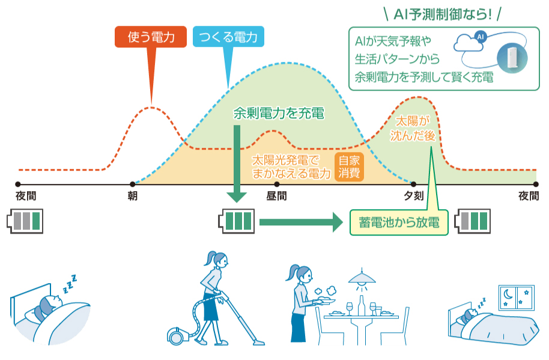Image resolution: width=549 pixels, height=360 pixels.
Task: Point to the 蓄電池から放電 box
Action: [399, 223]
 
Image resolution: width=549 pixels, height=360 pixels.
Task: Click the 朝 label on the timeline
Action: [132, 197]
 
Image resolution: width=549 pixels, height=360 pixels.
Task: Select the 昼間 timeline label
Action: [276, 197]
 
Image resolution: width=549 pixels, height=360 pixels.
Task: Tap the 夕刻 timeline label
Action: [413, 197]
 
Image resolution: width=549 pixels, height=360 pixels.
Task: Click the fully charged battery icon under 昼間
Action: [235, 221]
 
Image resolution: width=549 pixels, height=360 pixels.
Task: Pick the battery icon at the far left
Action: [26, 221]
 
